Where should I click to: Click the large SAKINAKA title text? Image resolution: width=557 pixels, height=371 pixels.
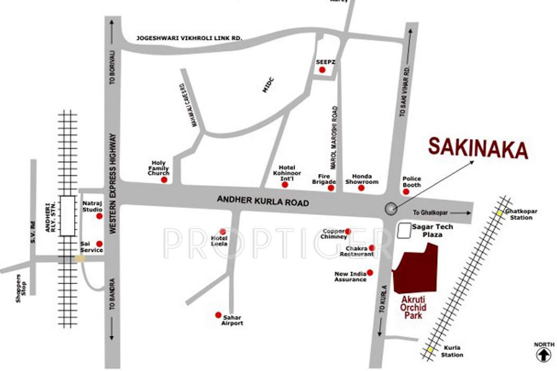coord(478,148)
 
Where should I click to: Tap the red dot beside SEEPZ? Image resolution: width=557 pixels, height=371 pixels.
coord(322,70)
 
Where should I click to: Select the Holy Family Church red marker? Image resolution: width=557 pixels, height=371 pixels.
coord(164,180)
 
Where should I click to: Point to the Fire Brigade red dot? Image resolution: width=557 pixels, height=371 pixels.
coord(331,188)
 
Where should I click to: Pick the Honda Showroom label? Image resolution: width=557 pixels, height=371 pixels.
coord(362,179)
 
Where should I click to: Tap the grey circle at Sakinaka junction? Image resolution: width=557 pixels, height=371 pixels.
coord(391,209)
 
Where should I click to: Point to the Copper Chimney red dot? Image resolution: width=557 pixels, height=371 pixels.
coord(348,231)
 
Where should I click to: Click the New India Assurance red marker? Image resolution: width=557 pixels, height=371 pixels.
coord(370,272)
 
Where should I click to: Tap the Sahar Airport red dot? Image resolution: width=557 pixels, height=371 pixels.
coord(218,315)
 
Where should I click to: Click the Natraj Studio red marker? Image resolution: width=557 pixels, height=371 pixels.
coord(98,216)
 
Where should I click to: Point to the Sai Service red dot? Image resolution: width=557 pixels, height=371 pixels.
coord(99,244)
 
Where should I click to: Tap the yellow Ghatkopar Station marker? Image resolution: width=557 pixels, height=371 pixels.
coord(499,213)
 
